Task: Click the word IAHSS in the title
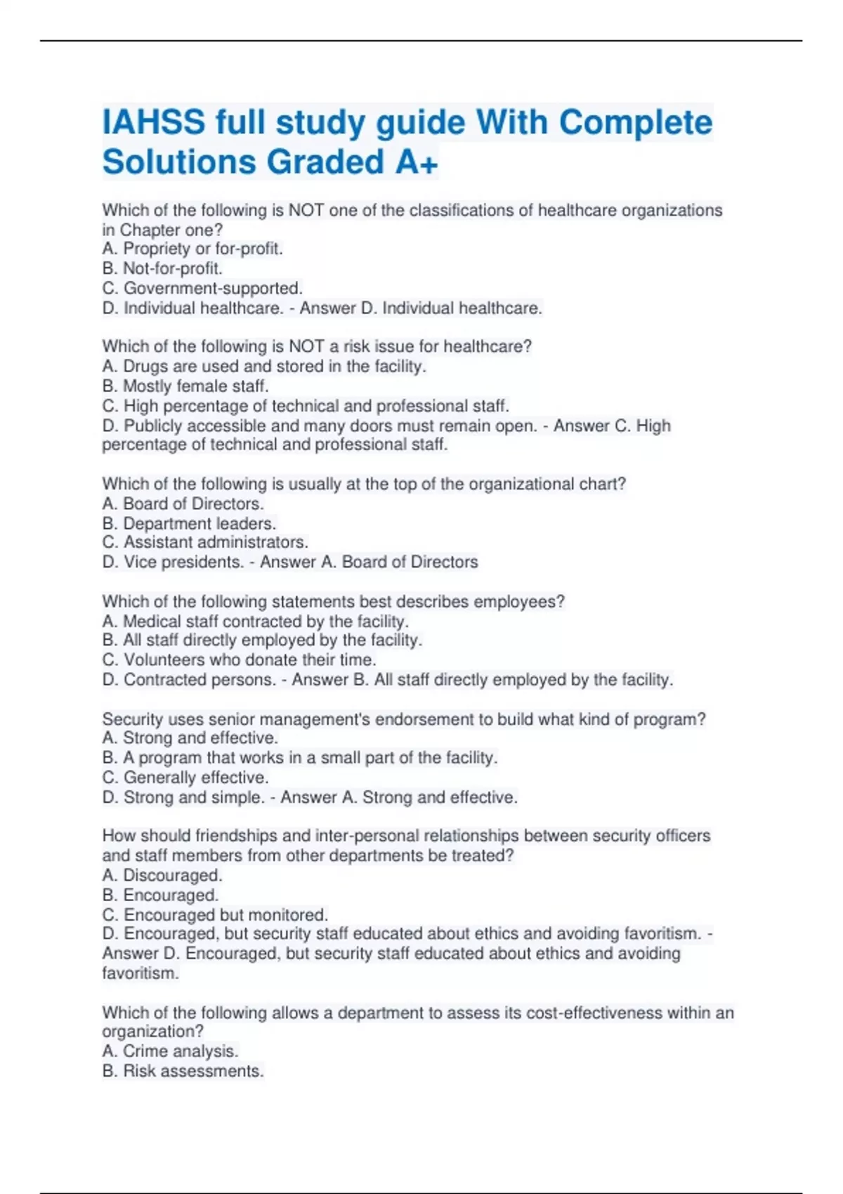[155, 123]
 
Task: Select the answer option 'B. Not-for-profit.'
[162, 268]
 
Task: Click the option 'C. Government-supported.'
[202, 288]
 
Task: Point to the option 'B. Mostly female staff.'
[185, 386]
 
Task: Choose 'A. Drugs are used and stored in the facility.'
[264, 366]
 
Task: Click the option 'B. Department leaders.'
[189, 523]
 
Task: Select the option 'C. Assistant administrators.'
[205, 542]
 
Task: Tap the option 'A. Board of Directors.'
[183, 504]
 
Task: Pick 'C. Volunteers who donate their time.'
[239, 660]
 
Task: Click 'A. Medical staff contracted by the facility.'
[255, 621]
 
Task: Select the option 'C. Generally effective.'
[185, 778]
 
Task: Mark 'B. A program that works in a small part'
[300, 758]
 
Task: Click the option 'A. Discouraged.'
[162, 875]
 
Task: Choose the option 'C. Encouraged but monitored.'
[215, 914]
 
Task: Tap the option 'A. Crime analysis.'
[170, 1051]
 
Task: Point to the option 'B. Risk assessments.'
[183, 1070]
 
